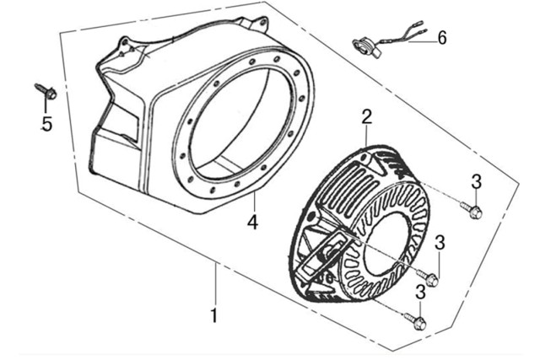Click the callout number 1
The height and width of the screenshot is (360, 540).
click(214, 316)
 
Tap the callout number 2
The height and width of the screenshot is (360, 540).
click(367, 115)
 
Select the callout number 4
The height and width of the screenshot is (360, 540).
click(252, 223)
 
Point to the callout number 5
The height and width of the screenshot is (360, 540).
click(46, 124)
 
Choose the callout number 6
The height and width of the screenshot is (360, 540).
click(442, 37)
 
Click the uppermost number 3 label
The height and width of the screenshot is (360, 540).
click(476, 180)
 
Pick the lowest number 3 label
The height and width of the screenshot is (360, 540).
click(421, 292)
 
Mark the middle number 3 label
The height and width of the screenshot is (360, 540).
click(440, 243)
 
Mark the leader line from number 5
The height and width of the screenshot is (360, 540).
click(46, 106)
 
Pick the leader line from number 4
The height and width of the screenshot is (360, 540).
click(253, 202)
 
